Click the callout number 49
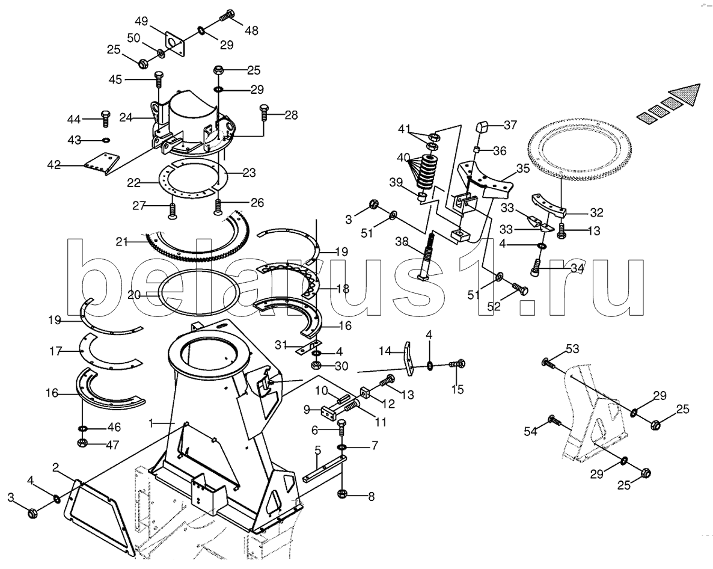coord(142,22)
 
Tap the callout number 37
coord(510,125)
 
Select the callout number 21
coord(121,242)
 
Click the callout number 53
coord(573,349)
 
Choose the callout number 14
coord(385,351)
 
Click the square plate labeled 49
coord(176,45)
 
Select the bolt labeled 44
coord(105,118)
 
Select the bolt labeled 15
coord(456,363)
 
